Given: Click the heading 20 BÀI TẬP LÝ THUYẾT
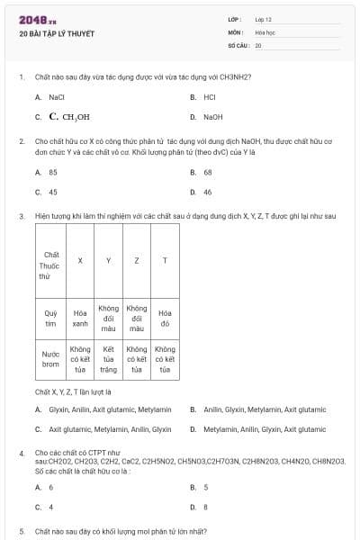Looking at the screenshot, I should click(56, 34).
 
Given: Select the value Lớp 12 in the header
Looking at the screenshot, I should click(264, 19).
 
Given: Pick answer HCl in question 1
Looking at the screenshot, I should click(209, 96).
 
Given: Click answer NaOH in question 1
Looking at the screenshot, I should click(212, 117).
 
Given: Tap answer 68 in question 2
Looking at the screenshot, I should click(208, 172).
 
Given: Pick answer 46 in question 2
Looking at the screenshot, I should click(208, 192).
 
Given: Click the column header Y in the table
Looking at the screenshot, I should click(108, 260).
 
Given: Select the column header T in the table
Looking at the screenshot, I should click(164, 260).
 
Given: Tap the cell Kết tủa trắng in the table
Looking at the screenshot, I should click(108, 359).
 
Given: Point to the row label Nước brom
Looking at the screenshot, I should click(50, 359).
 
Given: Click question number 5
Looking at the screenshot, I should click(21, 532).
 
